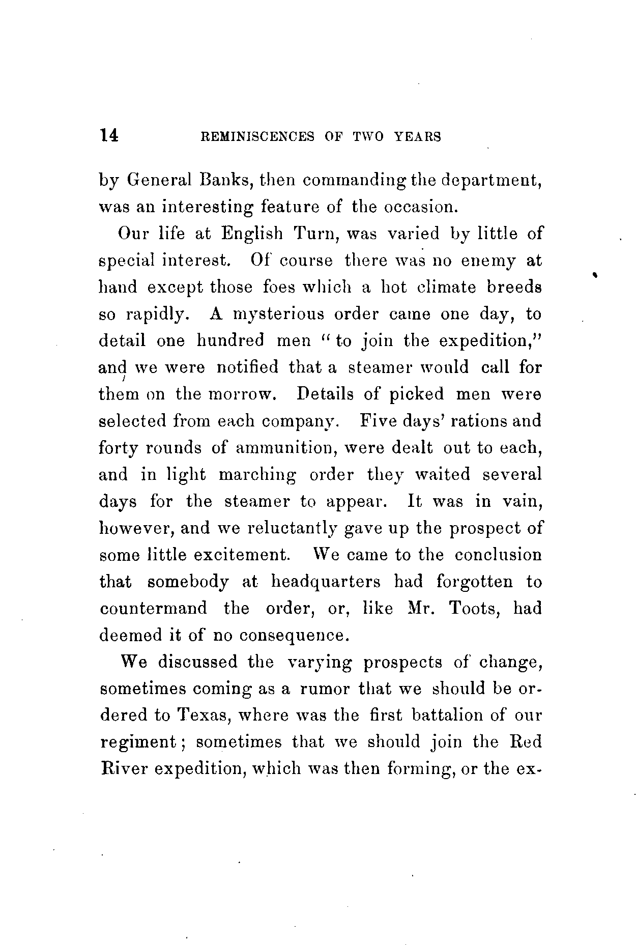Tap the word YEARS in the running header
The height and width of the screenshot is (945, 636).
pyautogui.click(x=418, y=136)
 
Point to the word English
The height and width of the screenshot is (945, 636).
pyautogui.click(x=251, y=234)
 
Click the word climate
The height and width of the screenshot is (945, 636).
pyautogui.click(x=446, y=287)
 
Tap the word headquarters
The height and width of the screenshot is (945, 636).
pyautogui.click(x=325, y=582)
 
